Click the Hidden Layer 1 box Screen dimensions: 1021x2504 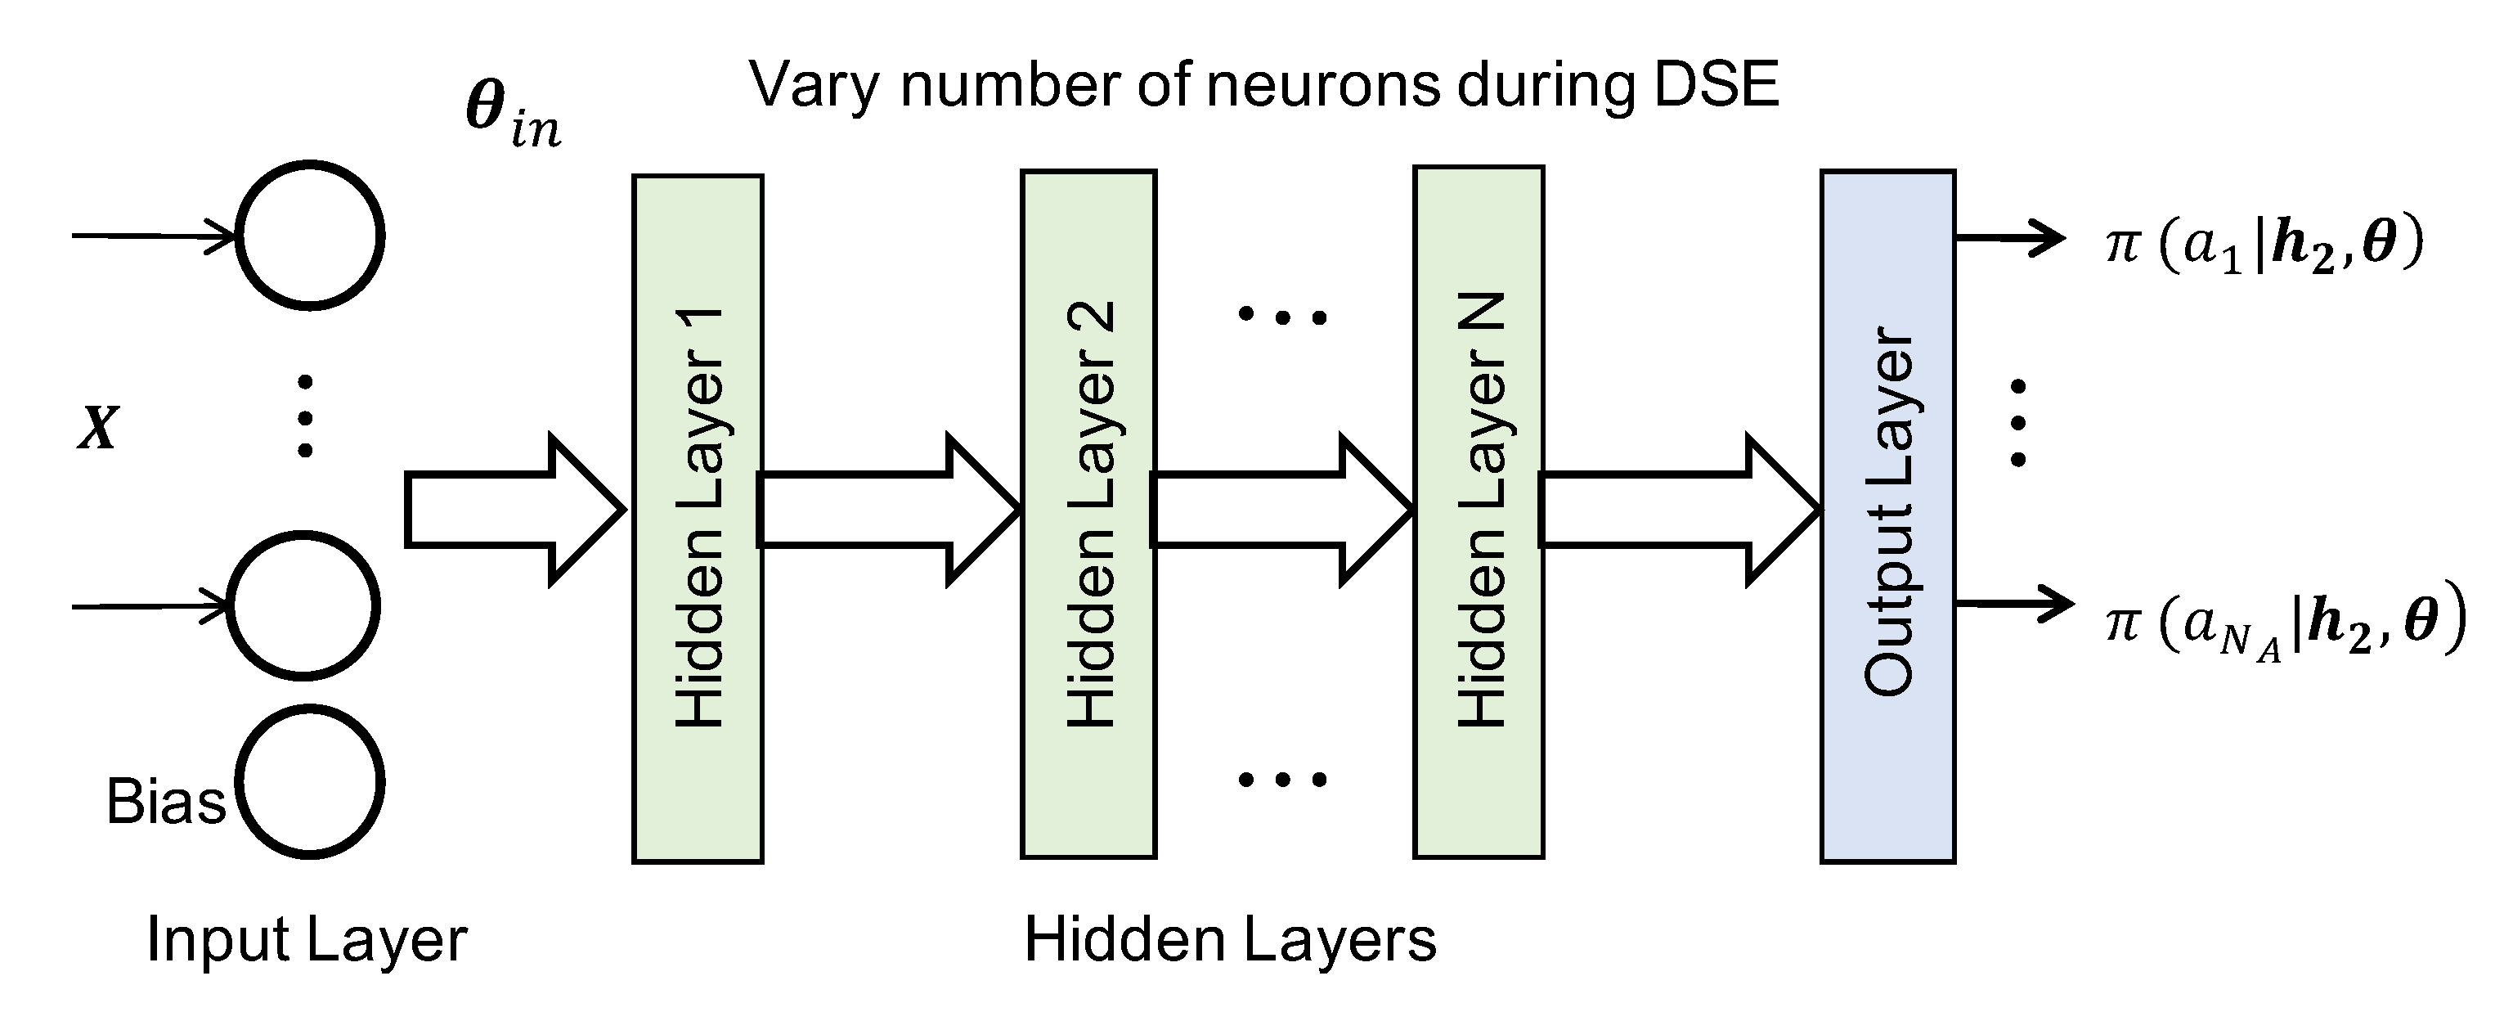[x=697, y=519]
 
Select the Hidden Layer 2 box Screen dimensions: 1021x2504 [x=1088, y=515]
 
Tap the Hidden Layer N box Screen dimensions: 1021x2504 [x=1479, y=512]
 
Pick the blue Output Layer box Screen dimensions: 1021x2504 [x=1887, y=516]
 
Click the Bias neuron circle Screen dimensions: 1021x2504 [x=309, y=783]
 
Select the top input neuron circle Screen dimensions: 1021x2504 [x=310, y=236]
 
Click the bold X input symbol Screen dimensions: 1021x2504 [x=98, y=428]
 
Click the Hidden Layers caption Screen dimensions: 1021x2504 [x=1230, y=940]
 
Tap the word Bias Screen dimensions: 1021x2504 [x=165, y=803]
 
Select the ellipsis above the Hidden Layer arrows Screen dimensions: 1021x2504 [x=1281, y=316]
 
